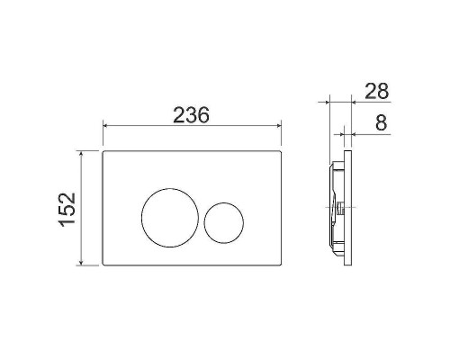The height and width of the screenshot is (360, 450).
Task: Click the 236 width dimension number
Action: pyautogui.click(x=191, y=115)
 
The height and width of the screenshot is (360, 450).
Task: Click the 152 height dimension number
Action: pyautogui.click(x=67, y=210)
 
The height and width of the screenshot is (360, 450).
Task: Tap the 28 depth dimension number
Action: pyautogui.click(x=377, y=91)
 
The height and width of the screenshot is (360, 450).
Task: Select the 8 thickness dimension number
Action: pyautogui.click(x=382, y=122)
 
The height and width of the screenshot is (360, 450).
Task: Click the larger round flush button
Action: pyautogui.click(x=170, y=218)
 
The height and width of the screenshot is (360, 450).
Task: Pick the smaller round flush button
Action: pyautogui.click(x=224, y=223)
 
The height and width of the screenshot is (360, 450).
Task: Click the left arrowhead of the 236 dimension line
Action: pyautogui.click(x=105, y=125)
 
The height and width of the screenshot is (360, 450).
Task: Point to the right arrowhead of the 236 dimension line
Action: pyautogui.click(x=279, y=125)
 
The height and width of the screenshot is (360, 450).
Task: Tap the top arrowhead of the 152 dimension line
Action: pyautogui.click(x=81, y=153)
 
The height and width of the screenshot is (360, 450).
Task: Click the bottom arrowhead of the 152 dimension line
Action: pyautogui.click(x=81, y=263)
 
